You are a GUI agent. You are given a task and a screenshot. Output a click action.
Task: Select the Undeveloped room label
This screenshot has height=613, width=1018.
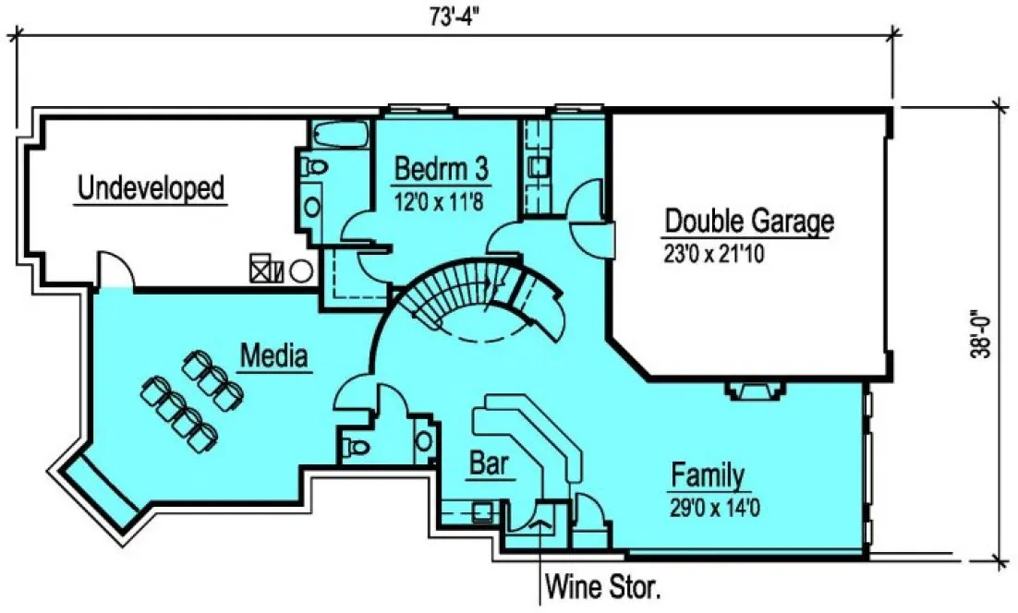coord(151,188)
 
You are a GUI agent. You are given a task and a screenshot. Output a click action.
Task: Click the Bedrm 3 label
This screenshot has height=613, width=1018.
coord(441,169)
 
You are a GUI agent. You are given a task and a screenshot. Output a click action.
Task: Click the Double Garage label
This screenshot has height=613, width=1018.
coord(749,222)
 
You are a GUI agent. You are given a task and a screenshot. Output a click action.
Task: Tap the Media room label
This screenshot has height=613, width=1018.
coord(273,355)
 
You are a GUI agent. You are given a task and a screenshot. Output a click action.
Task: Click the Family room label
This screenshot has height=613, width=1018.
coord(708,476)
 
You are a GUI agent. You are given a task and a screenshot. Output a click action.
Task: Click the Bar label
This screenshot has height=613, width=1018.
coord(489,464)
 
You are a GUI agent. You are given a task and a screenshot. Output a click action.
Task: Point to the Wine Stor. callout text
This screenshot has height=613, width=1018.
coord(603,585)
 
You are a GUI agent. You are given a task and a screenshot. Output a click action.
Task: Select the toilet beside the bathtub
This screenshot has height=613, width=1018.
coord(313,168)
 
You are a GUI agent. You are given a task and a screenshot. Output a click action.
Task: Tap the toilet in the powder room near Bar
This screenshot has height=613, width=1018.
coord(355,448)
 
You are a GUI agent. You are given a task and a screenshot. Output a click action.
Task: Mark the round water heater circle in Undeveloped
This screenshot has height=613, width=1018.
coord(301,271)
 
